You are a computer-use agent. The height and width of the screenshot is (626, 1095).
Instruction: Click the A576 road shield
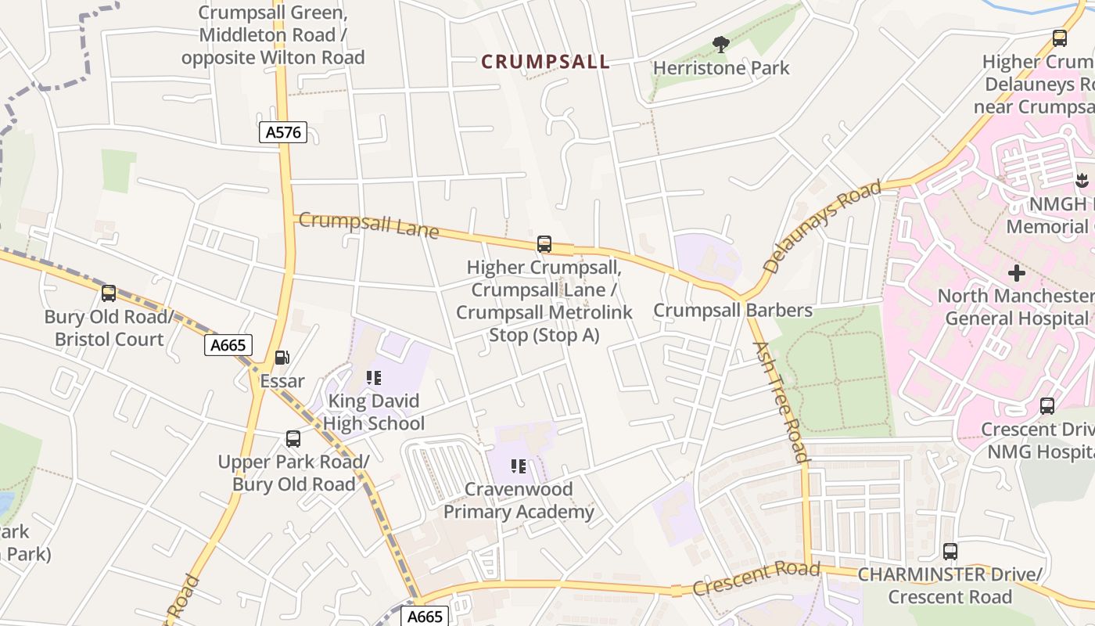[283, 132]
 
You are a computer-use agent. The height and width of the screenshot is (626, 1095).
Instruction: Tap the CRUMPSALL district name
[545, 62]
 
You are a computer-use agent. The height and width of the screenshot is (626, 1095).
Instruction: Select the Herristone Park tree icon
[721, 45]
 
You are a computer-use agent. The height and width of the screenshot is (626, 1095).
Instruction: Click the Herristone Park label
[721, 68]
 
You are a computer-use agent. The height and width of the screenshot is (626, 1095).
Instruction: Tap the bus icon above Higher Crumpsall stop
[544, 244]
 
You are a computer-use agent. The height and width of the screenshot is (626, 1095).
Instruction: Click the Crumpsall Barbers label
[733, 310]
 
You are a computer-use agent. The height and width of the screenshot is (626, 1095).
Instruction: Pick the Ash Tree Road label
[780, 401]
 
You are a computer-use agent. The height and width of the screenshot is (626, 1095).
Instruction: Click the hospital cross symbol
[1017, 273]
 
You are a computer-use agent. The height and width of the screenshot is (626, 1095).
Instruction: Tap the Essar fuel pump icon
[282, 358]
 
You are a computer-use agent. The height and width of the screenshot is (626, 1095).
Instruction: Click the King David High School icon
[374, 379]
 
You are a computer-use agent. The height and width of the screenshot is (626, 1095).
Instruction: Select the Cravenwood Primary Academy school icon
[518, 467]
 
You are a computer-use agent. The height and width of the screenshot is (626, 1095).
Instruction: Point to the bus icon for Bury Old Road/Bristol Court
[109, 293]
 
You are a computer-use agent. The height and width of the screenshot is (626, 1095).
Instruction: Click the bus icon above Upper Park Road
[293, 439]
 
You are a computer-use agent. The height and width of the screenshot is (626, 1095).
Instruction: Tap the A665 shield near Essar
[228, 345]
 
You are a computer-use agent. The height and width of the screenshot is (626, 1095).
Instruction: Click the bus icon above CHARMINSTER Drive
[950, 552]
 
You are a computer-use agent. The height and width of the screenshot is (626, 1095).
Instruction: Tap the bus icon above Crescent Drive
[1047, 406]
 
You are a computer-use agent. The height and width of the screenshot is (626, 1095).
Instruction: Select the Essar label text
[282, 382]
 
